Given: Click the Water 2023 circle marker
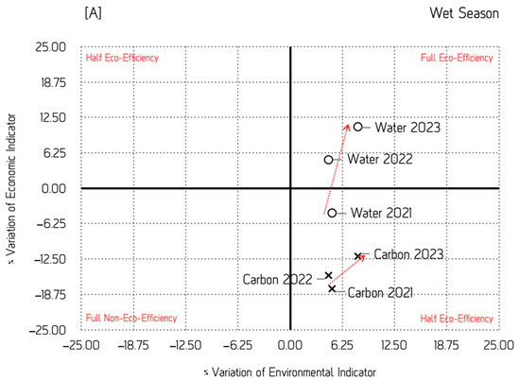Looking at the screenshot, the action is point(357,127).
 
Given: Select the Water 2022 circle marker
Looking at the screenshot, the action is point(328,160).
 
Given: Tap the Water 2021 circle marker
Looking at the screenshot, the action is point(332,213).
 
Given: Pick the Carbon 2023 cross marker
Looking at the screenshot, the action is point(357,256).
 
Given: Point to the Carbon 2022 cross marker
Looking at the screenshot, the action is point(328,275).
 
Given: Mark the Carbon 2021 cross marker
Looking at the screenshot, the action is point(332,288).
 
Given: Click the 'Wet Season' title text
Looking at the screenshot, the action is point(464,13).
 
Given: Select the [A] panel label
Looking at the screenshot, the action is point(94,13).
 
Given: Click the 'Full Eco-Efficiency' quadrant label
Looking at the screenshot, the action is point(457,58).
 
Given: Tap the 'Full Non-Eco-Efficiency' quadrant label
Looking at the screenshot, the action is point(131,318).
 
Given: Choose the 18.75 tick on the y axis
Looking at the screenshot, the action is point(53,82).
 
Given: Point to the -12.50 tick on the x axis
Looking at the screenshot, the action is point(185,345).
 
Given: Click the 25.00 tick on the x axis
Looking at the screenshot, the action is point(498,345).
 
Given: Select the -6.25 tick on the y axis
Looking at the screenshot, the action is point(51,224).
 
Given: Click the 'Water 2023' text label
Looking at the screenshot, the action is point(407,128).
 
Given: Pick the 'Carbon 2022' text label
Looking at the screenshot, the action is point(278,280).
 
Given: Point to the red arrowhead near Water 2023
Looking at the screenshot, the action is point(347,128).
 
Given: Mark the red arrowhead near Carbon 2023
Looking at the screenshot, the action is point(362,257).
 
